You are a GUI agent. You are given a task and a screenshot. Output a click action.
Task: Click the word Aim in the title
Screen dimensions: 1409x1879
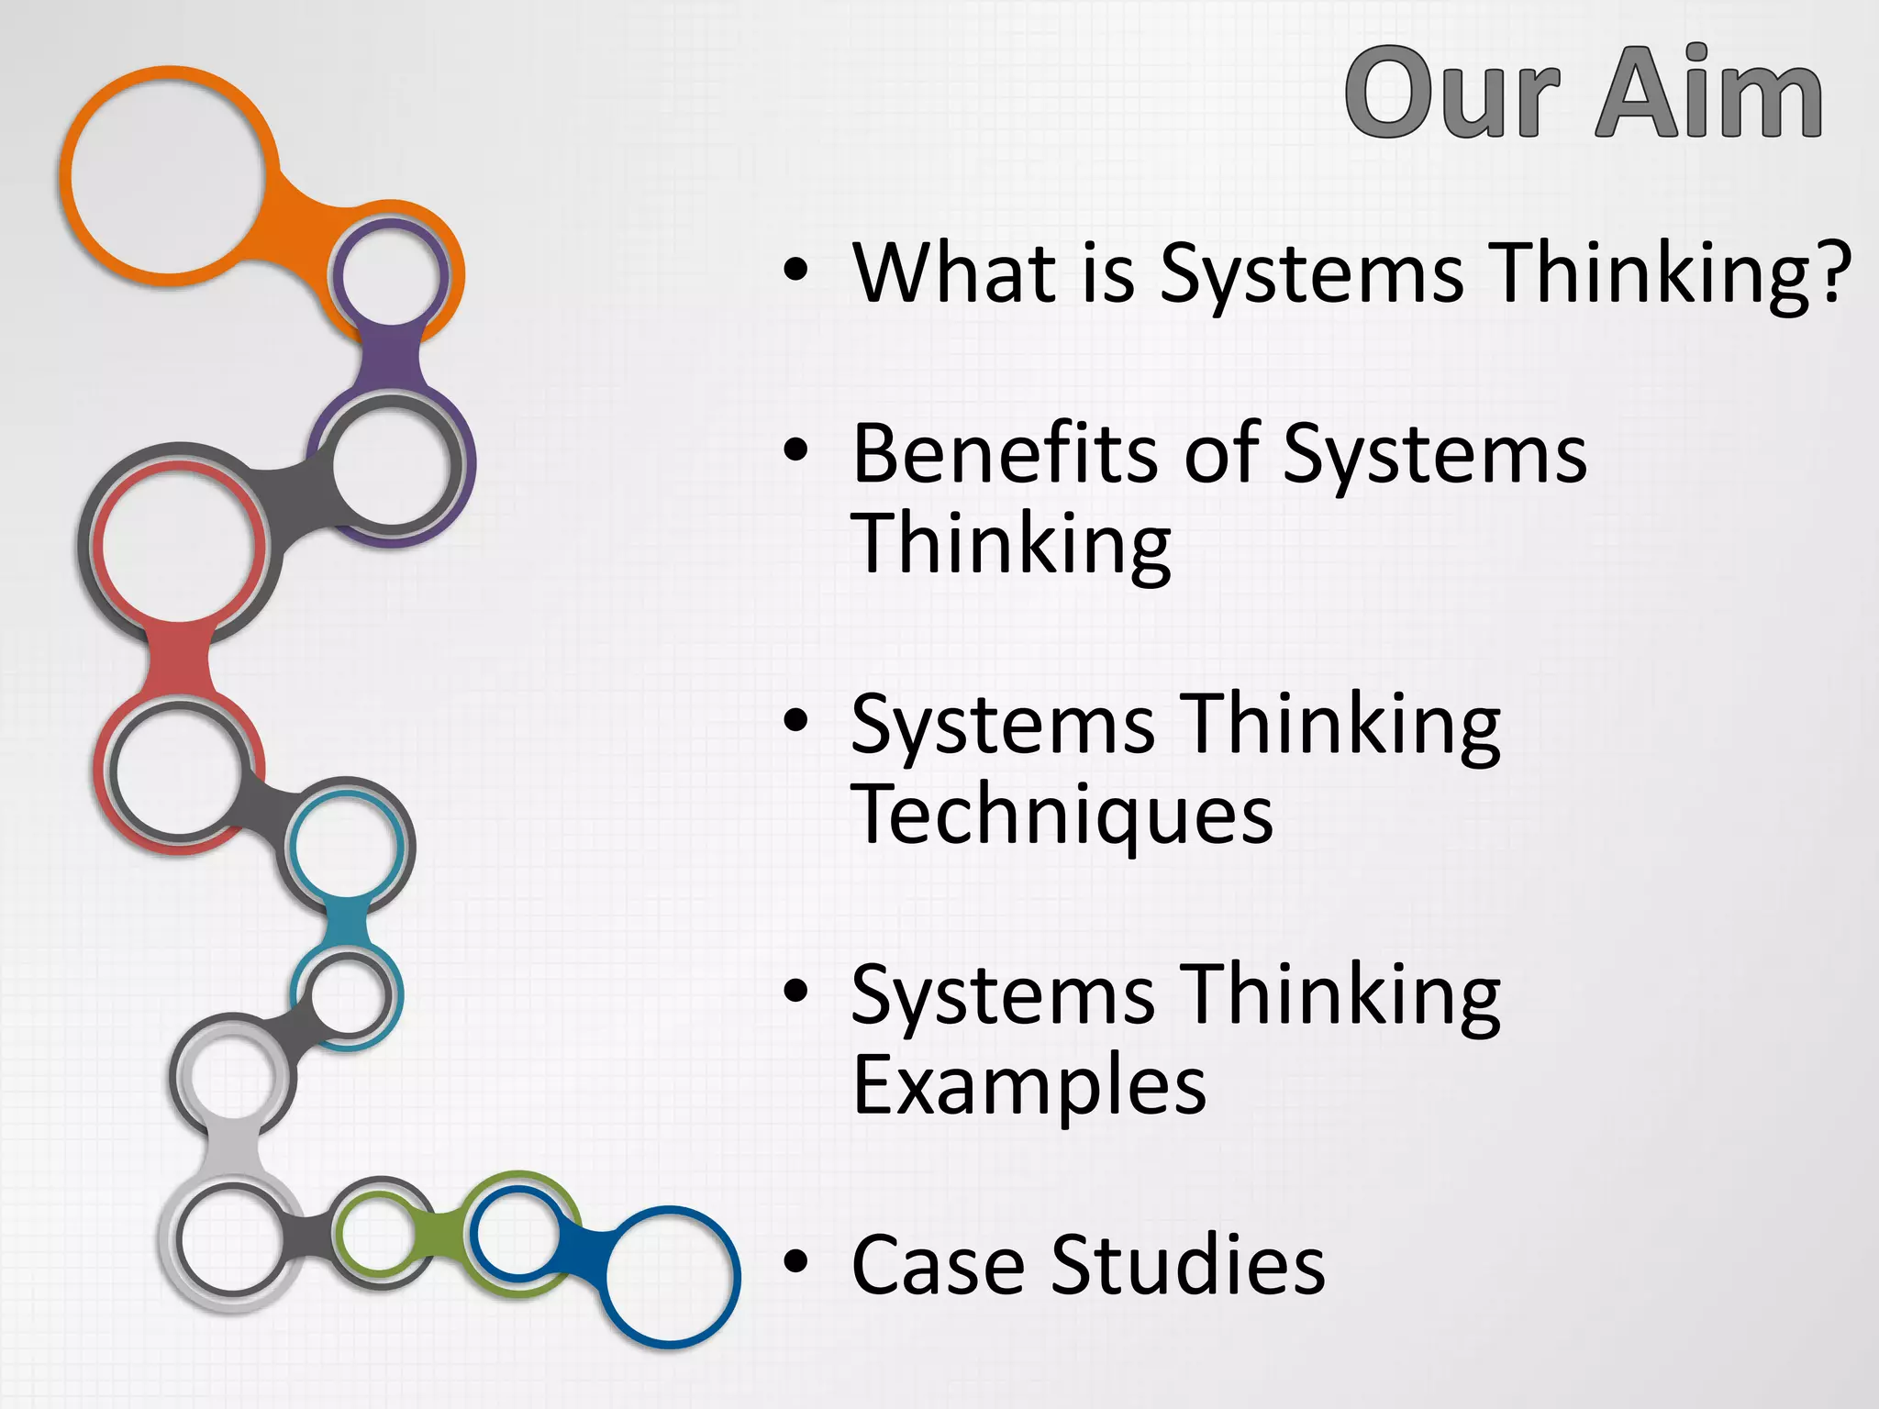point(1708,94)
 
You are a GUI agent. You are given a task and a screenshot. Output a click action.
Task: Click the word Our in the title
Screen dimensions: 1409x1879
point(1452,94)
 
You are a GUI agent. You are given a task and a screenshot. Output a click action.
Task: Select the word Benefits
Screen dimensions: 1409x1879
point(1005,454)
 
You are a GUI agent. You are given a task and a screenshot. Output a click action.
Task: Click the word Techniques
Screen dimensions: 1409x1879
point(1062,815)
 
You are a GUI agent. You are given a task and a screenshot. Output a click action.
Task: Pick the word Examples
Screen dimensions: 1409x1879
point(1028,1085)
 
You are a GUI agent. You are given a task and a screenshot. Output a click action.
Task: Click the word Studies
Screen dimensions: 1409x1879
point(1187,1265)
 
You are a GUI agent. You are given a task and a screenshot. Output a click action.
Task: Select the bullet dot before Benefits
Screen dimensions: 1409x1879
point(796,451)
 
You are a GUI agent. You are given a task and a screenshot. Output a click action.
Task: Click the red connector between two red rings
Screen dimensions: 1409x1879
point(178,659)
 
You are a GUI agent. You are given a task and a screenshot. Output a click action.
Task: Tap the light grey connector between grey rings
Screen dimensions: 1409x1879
point(233,1151)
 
